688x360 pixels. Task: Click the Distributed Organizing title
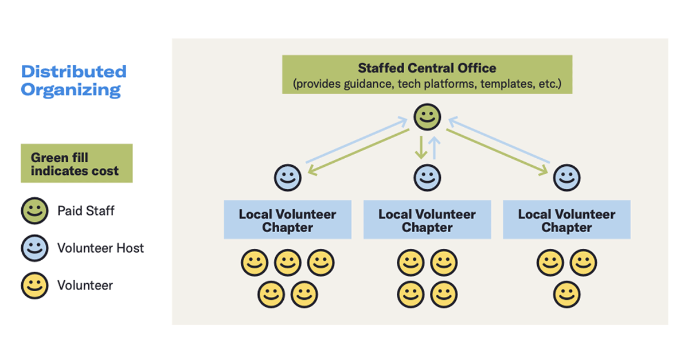point(73,80)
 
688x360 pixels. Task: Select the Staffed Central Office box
point(427,75)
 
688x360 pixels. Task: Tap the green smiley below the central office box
point(427,117)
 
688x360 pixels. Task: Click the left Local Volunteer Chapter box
point(287,220)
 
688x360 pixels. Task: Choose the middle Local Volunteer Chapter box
point(427,220)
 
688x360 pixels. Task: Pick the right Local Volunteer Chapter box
point(566,220)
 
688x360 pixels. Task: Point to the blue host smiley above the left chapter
point(287,177)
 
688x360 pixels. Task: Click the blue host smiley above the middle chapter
point(427,177)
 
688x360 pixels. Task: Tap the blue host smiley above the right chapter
point(566,177)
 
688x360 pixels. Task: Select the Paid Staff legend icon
point(35,211)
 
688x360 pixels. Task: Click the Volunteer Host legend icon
point(35,248)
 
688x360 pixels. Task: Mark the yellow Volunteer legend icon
point(35,285)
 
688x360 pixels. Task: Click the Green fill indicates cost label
point(76,163)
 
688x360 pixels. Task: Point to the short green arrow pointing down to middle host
point(421,147)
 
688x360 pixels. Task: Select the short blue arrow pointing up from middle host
point(435,147)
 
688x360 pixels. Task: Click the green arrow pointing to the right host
point(497,151)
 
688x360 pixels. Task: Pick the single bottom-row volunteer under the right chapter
point(566,295)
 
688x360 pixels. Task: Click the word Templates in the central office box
point(505,84)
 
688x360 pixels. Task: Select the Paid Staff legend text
point(86,211)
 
